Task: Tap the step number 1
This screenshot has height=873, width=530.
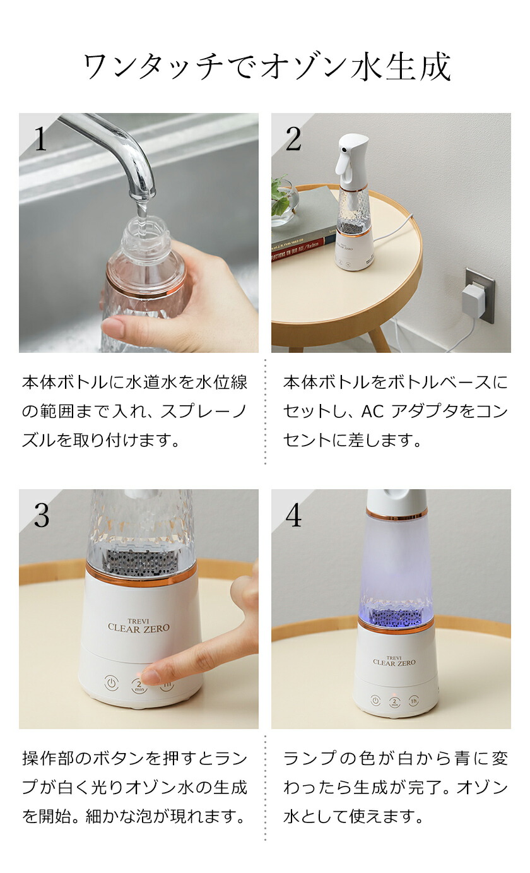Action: coord(40,140)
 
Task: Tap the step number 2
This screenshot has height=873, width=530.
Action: coord(293,140)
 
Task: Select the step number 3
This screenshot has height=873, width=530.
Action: coord(41,516)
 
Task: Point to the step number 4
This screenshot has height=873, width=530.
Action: coord(293,516)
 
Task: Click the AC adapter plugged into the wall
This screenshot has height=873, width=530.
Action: coord(473,300)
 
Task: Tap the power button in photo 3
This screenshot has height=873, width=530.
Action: coord(111,682)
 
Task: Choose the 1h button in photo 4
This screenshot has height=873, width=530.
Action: coord(414,701)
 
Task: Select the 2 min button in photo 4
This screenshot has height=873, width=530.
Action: coord(395,702)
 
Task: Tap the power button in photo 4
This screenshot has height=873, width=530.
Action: coord(375,701)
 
